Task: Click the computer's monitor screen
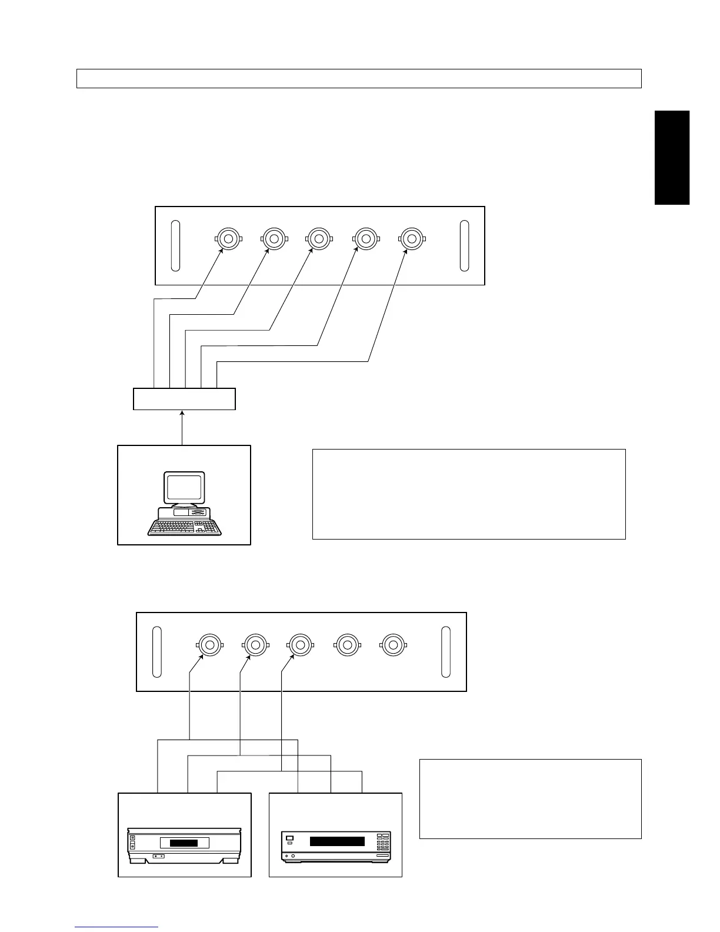click(x=185, y=488)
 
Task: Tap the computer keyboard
click(x=185, y=527)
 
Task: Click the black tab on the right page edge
click(x=672, y=158)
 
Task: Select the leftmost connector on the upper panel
click(x=228, y=239)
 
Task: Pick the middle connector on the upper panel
click(x=319, y=239)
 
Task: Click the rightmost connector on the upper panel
click(x=411, y=239)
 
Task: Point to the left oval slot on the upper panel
click(x=175, y=246)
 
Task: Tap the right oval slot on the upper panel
click(x=464, y=246)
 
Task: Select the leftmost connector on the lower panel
click(x=209, y=645)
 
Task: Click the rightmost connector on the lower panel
click(x=393, y=645)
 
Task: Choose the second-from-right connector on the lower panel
click(x=347, y=645)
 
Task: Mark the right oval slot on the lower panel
click(x=446, y=652)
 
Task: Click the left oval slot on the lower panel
click(x=157, y=652)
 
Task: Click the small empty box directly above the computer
click(x=184, y=399)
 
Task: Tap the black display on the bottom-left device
click(x=184, y=843)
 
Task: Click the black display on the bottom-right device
click(x=337, y=841)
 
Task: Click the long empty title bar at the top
click(x=359, y=79)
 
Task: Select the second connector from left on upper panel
click(x=272, y=239)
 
